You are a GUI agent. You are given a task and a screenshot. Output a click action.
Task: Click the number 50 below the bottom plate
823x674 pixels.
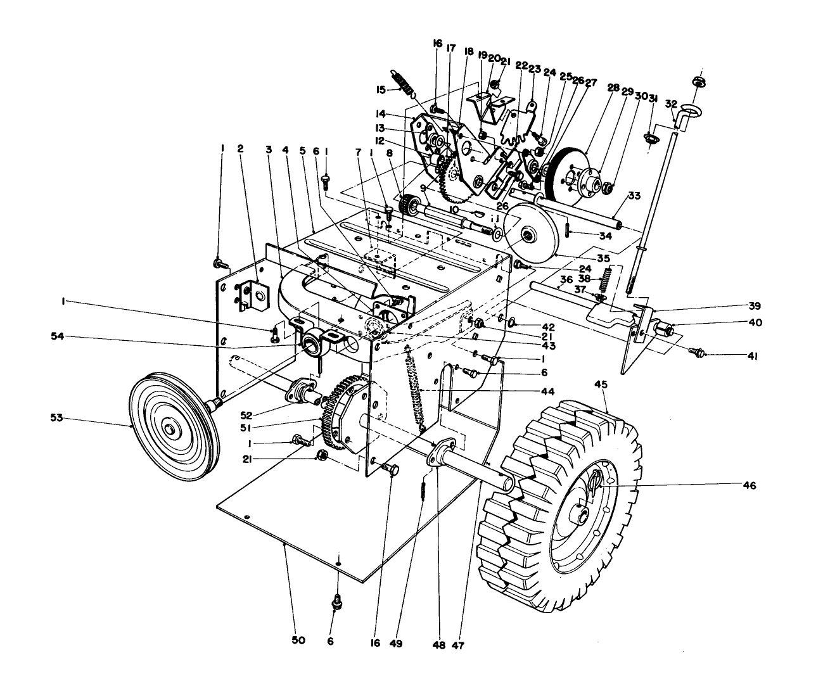click(x=298, y=640)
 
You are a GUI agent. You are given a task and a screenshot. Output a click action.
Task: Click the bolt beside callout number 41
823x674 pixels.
click(x=699, y=350)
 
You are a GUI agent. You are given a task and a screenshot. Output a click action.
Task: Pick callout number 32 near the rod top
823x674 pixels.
click(x=672, y=103)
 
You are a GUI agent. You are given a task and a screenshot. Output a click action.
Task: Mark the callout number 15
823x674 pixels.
click(x=380, y=90)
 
